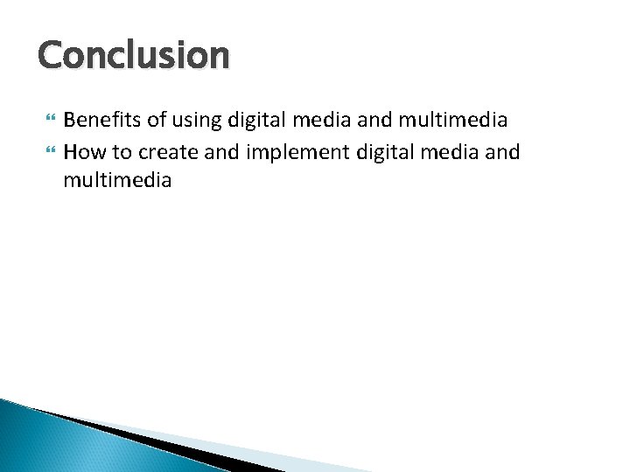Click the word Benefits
(97, 119)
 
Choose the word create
(165, 153)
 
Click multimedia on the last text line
(117, 181)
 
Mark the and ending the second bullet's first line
(501, 153)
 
